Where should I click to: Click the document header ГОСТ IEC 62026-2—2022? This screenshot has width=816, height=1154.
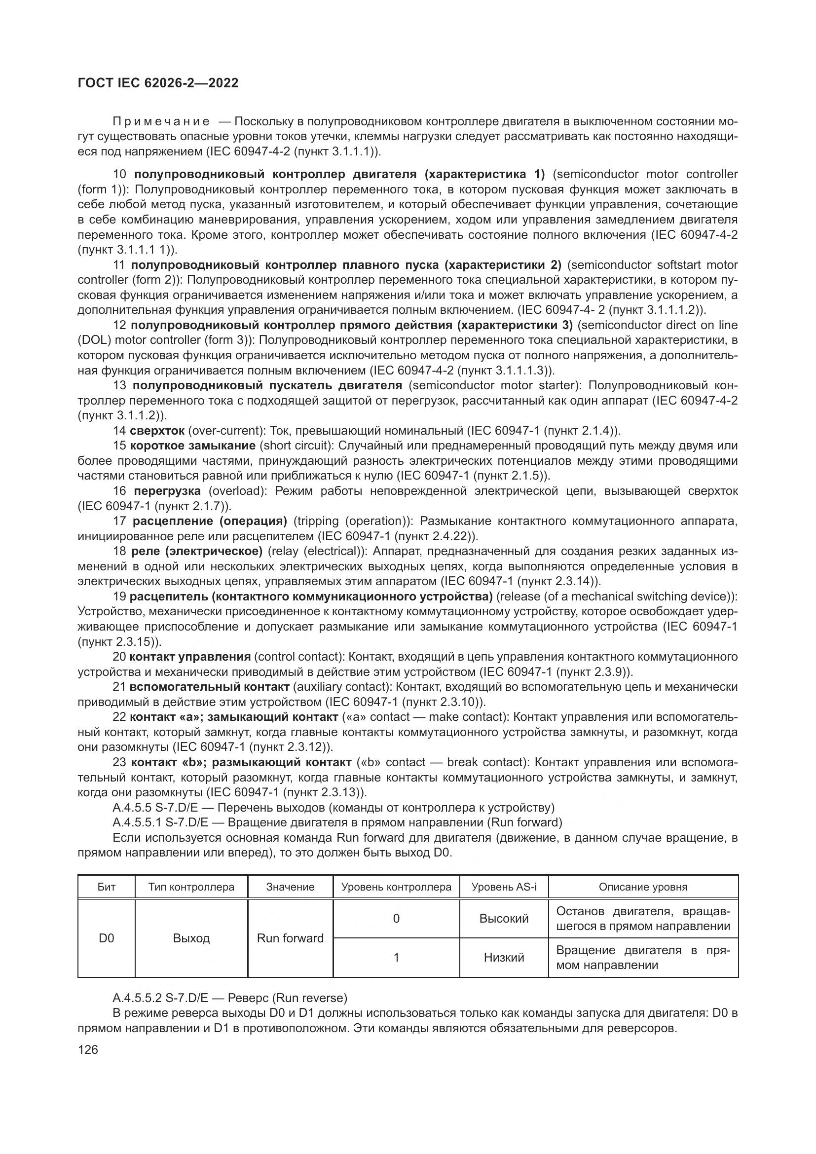pyautogui.click(x=158, y=83)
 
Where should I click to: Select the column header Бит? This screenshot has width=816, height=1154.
pyautogui.click(x=106, y=887)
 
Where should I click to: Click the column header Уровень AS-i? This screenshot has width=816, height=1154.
pyautogui.click(x=504, y=887)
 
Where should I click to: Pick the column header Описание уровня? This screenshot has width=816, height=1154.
pyautogui.click(x=643, y=887)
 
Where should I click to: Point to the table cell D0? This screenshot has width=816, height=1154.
pyautogui.click(x=106, y=938)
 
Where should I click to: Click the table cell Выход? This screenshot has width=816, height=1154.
pyautogui.click(x=191, y=938)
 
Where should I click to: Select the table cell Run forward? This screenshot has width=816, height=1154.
pyautogui.click(x=290, y=938)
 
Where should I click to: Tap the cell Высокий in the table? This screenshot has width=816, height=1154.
pyautogui.click(x=504, y=918)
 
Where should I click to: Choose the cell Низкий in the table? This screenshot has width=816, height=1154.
pyautogui.click(x=504, y=957)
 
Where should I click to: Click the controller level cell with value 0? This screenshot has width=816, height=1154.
pyautogui.click(x=396, y=918)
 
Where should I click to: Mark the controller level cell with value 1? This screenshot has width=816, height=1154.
pyautogui.click(x=396, y=957)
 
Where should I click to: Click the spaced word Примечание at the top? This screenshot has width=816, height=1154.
pyautogui.click(x=161, y=122)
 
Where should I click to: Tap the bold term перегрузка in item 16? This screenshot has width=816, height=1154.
pyautogui.click(x=167, y=490)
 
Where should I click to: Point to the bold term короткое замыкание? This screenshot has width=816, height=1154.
pyautogui.click(x=192, y=446)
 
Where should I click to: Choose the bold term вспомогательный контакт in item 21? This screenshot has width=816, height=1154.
pyautogui.click(x=209, y=687)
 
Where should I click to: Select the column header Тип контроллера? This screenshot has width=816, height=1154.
pyautogui.click(x=191, y=887)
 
